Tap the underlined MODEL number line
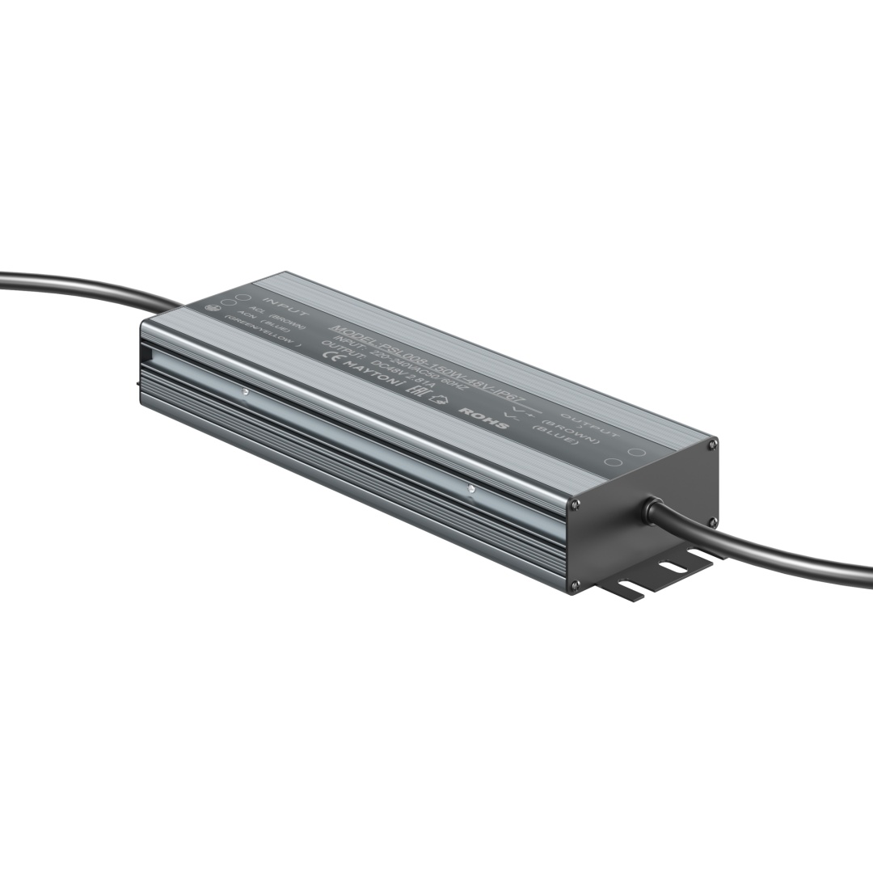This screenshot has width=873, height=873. pos(428,359)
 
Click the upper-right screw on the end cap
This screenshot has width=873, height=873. pos(711,444)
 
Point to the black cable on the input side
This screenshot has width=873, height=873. pos(81,285)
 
